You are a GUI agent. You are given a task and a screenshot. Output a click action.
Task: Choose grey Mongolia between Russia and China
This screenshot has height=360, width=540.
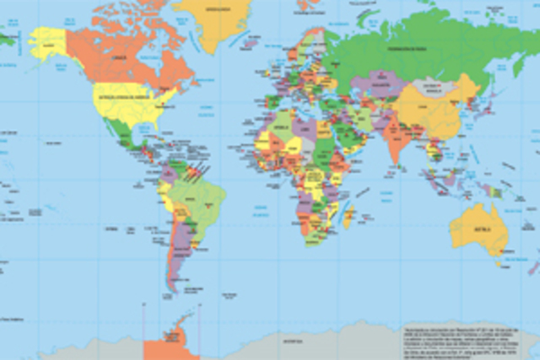pos(429,88)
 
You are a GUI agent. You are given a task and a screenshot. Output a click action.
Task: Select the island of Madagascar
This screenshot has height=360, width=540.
pos(347,217)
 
